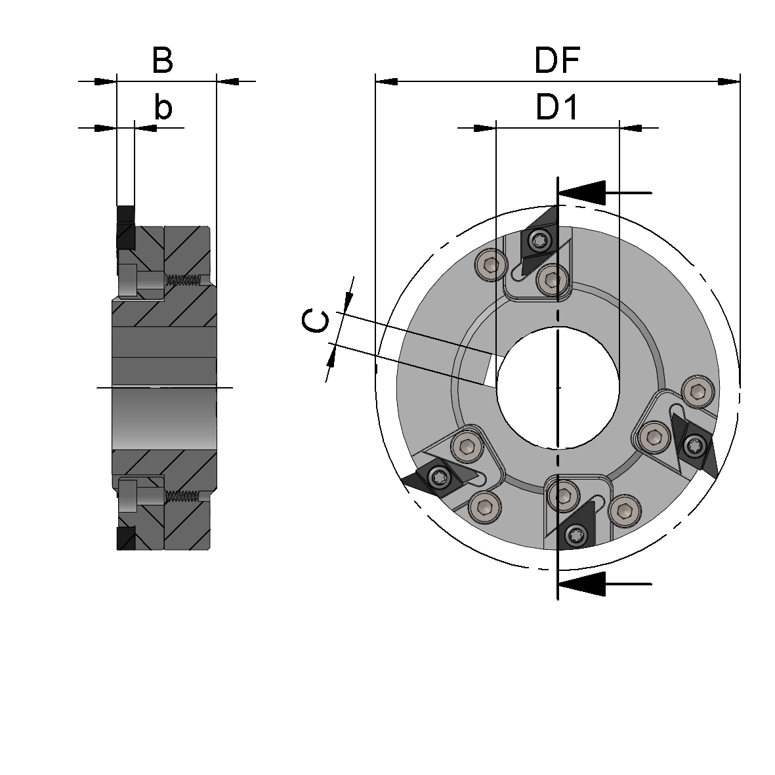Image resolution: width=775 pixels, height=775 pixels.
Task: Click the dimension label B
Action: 162,60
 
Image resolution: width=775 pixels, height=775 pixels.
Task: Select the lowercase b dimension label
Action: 163,107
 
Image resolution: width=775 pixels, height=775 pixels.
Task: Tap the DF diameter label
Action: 557,61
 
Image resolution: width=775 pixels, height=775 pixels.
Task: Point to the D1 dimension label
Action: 557,108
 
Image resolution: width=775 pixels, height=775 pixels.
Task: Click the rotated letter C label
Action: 316,322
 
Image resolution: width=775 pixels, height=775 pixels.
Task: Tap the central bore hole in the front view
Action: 557,387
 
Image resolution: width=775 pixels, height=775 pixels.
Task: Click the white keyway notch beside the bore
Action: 490,371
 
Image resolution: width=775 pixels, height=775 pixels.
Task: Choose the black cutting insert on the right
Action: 696,446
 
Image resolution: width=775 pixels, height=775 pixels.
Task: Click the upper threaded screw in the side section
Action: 182,280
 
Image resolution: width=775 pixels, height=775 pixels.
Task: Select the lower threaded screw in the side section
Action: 182,496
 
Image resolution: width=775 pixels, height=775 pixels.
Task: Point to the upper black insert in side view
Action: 125,226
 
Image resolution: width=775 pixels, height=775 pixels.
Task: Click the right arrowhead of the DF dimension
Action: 729,81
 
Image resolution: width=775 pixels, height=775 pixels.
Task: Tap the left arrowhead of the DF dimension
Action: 387,81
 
